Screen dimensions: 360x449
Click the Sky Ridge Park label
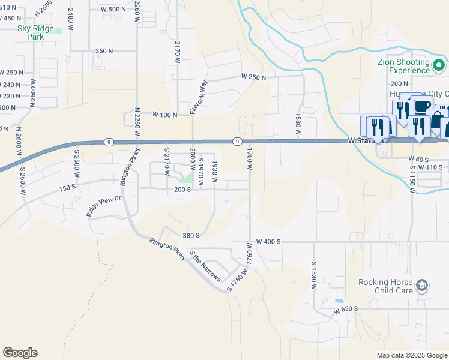coord(36,32)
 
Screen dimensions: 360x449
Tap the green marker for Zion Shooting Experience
coord(439,65)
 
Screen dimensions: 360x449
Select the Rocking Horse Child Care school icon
coord(422,286)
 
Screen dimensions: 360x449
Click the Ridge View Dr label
coord(104,205)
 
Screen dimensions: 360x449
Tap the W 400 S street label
coord(268,241)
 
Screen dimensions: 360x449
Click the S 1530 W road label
coord(313,275)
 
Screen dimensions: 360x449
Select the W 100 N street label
coord(164,114)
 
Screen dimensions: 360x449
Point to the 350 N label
coord(104,51)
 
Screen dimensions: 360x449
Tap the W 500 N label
coord(113,10)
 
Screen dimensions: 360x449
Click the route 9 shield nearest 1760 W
coord(238,142)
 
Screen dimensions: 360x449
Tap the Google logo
coord(20,353)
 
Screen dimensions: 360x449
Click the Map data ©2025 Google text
coord(411,355)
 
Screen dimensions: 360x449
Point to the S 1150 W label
coord(412,178)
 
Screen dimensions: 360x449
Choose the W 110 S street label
coord(430,167)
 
